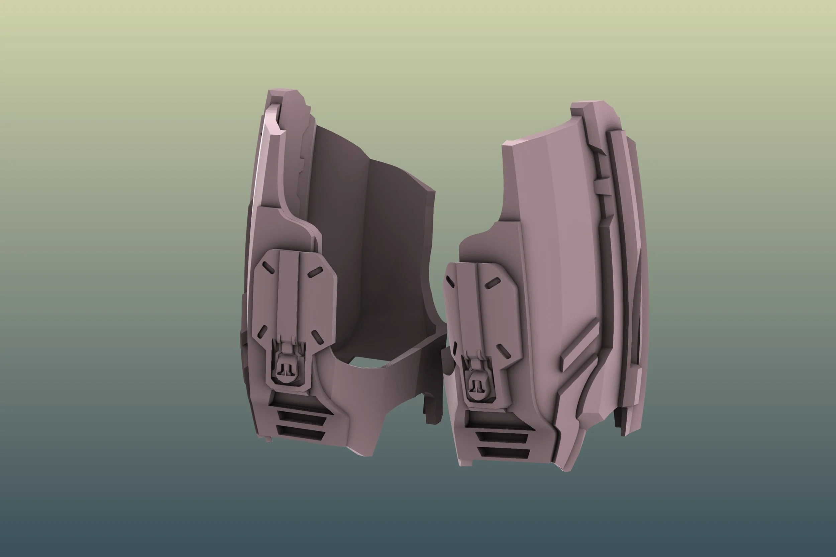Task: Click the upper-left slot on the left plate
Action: click(x=269, y=268)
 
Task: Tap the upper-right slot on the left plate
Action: click(x=315, y=272)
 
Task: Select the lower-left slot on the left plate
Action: click(x=262, y=332)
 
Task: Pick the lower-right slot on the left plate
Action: click(x=317, y=337)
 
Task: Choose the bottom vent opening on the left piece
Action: click(x=301, y=433)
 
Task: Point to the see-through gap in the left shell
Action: click(x=366, y=362)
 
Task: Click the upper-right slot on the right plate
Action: click(x=492, y=283)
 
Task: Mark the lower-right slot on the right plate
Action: click(x=503, y=351)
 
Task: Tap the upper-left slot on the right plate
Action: click(x=450, y=282)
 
